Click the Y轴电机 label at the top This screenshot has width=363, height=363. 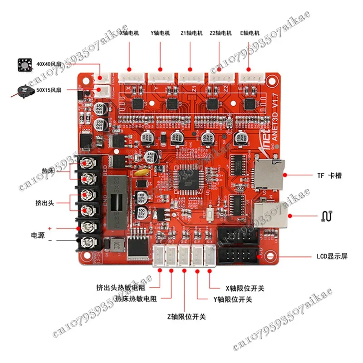[x=160, y=33]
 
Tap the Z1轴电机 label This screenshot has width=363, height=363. [x=190, y=33]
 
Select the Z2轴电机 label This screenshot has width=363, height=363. [x=221, y=33]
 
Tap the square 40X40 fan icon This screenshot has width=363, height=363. [x=24, y=65]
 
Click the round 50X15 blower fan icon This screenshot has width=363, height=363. [x=23, y=90]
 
